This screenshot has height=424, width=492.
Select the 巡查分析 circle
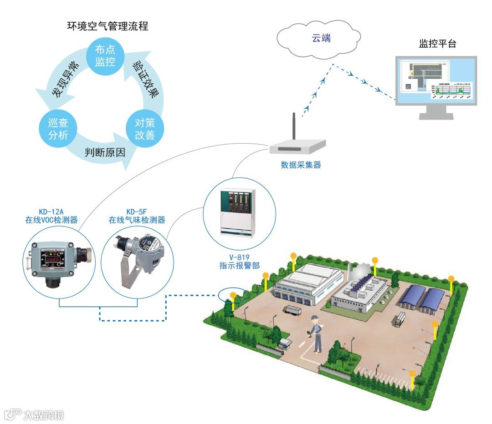58,129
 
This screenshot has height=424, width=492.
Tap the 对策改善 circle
144,129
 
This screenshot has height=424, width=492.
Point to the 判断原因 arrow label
105,152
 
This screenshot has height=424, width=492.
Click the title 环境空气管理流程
108,26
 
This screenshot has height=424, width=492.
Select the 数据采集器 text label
301,165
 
